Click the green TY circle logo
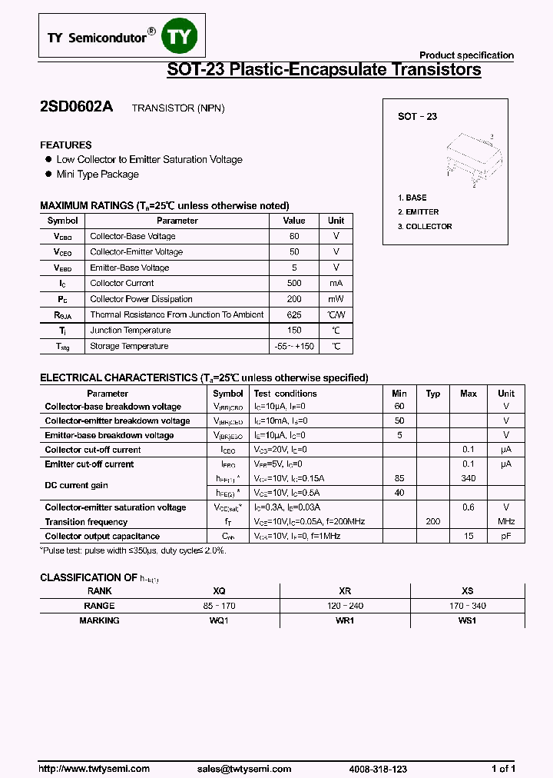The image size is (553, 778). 184,37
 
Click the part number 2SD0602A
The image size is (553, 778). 76,108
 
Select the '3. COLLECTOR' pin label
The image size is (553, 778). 425,227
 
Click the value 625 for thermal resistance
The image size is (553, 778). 294,314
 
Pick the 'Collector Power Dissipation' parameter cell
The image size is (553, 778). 141,299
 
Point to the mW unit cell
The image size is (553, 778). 336,299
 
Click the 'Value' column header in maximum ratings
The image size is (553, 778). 294,221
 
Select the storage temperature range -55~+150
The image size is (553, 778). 294,346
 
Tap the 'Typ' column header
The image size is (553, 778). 433,394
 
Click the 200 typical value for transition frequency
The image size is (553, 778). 433,522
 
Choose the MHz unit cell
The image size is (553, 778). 506,522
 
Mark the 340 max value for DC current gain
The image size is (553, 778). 469,478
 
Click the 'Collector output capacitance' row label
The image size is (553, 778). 102,536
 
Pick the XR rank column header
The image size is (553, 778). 345,591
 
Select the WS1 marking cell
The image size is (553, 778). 467,620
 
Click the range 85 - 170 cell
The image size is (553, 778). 219,606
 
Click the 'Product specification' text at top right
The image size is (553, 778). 466,55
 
